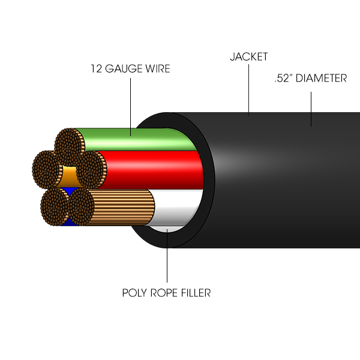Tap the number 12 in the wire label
coord(96,68)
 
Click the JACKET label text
coord(249,57)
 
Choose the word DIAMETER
coord(321,78)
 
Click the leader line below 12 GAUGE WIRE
coord(131,107)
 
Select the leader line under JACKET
coord(249,90)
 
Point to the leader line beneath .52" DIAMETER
coord(311,109)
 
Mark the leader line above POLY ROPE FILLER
coord(167,256)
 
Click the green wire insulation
coord(138,140)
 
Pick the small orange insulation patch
coord(68,176)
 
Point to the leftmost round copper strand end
coord(47,169)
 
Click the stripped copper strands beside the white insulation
coord(122,208)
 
